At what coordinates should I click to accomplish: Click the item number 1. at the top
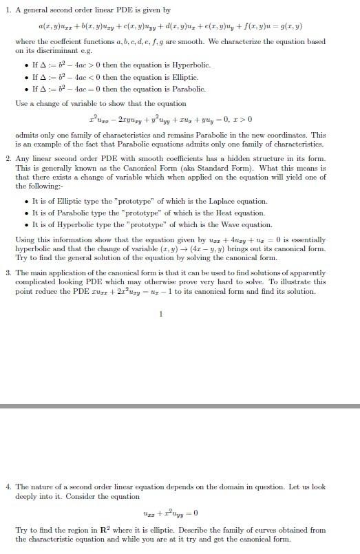pos(8,10)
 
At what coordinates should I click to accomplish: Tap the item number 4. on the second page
pos(8,487)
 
